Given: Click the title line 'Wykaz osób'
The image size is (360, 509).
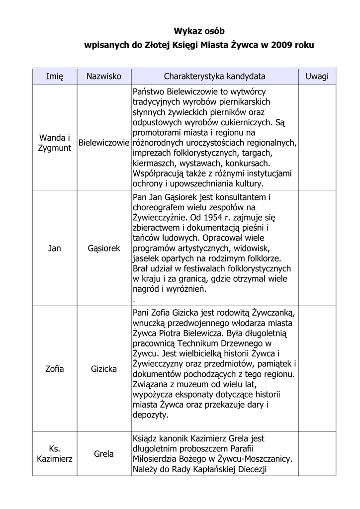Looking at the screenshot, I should (x=199, y=31).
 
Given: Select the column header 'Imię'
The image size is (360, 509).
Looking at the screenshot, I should (x=55, y=77).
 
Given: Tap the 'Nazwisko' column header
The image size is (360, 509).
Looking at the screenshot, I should (x=104, y=77).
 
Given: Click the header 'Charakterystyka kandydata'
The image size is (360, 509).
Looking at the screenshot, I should (x=214, y=77).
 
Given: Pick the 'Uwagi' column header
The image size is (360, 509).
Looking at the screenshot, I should (x=317, y=77).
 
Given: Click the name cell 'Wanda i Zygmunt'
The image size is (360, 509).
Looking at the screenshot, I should (x=55, y=143).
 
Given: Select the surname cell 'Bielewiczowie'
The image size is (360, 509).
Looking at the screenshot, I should (x=104, y=143).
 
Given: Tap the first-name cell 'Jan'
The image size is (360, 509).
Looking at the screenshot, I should (x=55, y=248).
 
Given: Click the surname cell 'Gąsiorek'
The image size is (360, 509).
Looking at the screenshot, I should (x=104, y=248).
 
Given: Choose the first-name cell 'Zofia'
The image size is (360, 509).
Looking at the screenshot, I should (x=55, y=369).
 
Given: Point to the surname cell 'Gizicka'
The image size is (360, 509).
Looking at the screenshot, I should (x=104, y=369).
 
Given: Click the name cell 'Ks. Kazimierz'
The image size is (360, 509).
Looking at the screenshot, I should (x=55, y=454).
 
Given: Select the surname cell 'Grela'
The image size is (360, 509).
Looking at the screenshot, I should (x=104, y=454).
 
